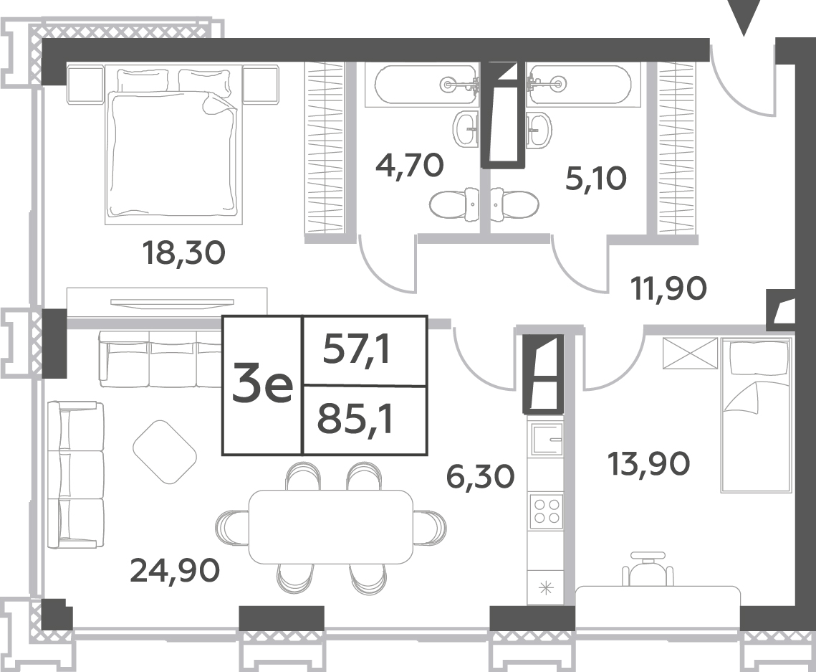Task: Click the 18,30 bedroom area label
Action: pos(183,253)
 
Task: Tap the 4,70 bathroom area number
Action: pos(410,165)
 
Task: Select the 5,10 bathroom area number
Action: pos(596,179)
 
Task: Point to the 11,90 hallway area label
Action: pos(668,288)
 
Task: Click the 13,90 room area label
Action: pos(649,463)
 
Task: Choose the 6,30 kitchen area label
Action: pos(481,476)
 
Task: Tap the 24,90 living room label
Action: pos(175,570)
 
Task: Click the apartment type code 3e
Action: pos(262,386)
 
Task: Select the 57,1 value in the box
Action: pos(357,349)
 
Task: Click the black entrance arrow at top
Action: pos(744,18)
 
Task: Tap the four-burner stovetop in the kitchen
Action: pos(546,511)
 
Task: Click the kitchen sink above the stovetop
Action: pos(546,440)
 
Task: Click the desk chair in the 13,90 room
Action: pos(648,569)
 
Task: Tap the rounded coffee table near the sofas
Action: pos(165,452)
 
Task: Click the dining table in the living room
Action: pos(332,526)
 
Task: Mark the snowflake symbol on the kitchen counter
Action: pos(546,590)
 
